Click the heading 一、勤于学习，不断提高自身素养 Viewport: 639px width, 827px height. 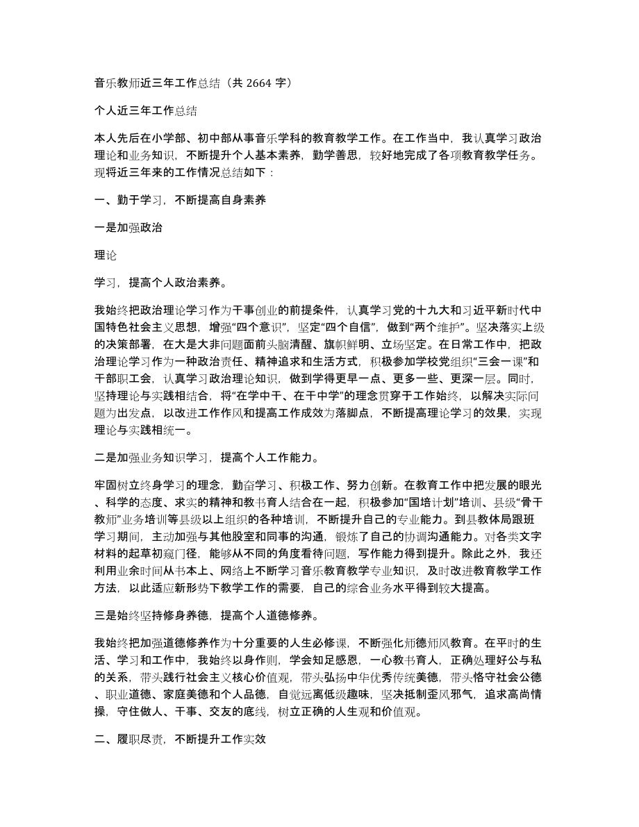point(179,201)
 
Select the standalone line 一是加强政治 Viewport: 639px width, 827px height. point(128,228)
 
